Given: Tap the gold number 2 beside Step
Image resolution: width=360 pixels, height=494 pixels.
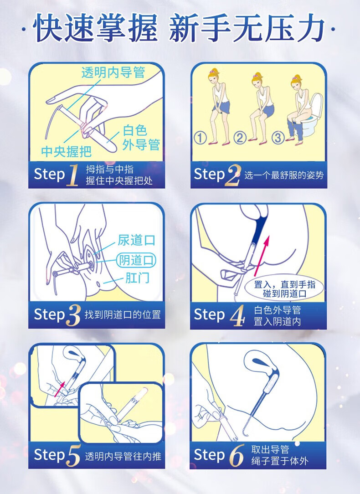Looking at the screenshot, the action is [x=233, y=175].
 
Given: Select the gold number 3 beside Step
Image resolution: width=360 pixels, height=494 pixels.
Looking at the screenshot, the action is [x=73, y=315].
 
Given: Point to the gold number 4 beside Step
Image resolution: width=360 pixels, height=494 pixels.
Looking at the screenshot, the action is [x=237, y=315].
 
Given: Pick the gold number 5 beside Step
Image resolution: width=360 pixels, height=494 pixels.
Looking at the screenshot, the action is [x=73, y=455].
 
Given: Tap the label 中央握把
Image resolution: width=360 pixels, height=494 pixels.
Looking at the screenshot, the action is [x=67, y=152].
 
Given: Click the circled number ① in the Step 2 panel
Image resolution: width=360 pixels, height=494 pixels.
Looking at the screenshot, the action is [x=201, y=138].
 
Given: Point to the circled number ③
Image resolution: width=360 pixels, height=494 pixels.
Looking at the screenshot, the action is [x=278, y=138].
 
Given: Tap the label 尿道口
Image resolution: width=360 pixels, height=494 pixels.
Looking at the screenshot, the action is [x=136, y=240].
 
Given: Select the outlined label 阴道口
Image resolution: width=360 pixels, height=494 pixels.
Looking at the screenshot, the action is [x=136, y=260].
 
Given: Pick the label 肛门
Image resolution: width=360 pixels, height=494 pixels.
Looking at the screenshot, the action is [x=137, y=278].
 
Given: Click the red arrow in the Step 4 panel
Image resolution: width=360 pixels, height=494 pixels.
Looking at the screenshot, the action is [x=262, y=256].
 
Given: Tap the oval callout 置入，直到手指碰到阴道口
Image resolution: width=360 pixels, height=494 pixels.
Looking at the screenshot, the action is [x=284, y=289].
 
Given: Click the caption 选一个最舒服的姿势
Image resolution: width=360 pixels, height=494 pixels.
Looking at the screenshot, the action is [x=284, y=175].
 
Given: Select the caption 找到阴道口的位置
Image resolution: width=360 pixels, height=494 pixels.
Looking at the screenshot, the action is [x=123, y=315].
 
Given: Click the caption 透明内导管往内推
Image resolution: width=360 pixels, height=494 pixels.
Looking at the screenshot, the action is [x=123, y=456].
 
